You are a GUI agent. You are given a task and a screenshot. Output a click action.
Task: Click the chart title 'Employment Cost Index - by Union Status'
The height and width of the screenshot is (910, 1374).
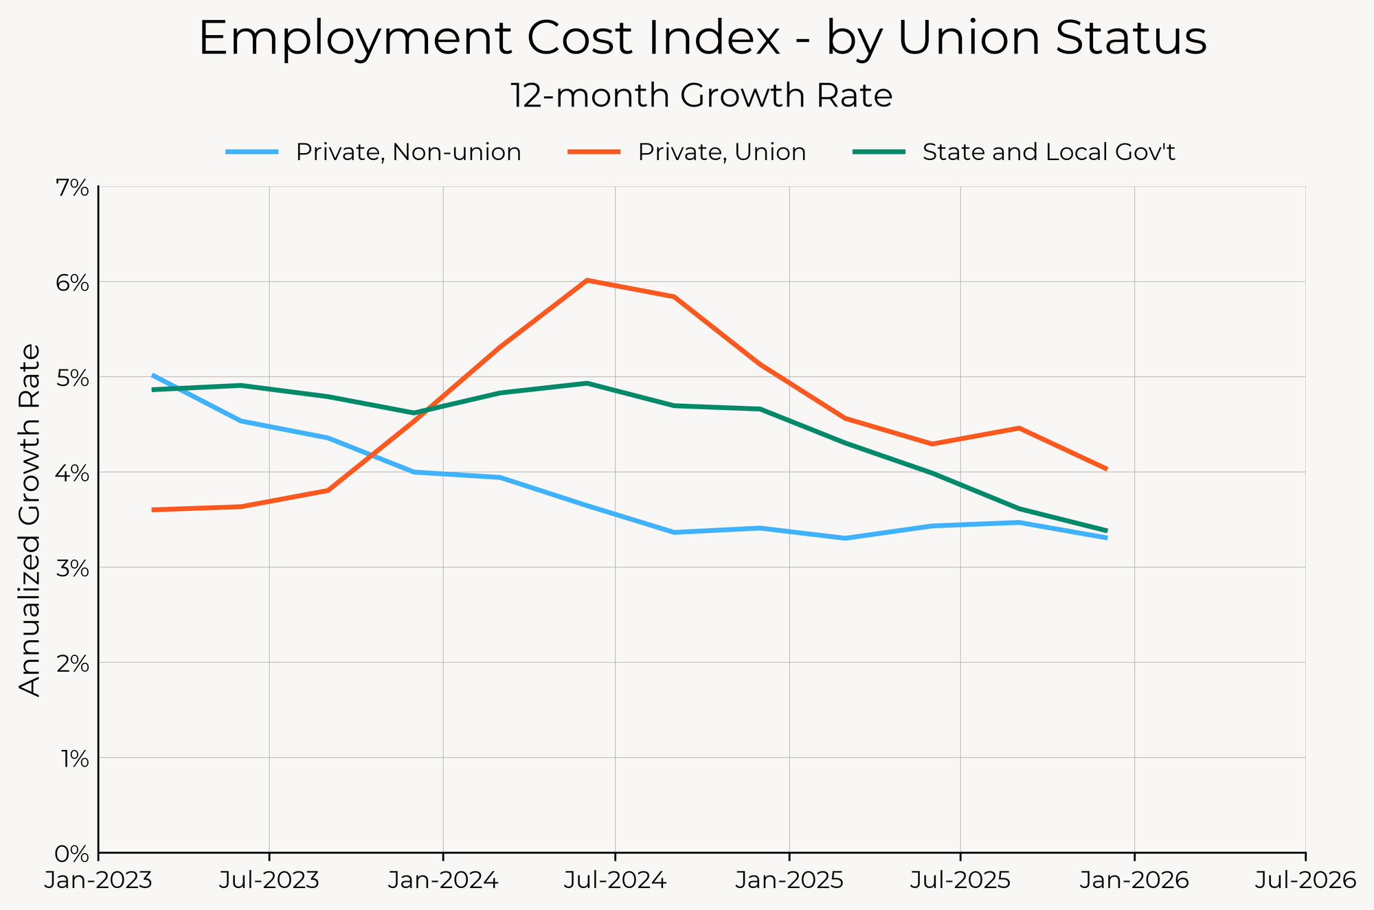tap(702, 38)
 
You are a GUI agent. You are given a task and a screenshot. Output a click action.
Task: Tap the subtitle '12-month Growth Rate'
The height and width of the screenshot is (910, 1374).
tap(701, 96)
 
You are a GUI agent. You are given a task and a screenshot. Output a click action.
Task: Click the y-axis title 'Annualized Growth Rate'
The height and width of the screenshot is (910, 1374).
tap(29, 520)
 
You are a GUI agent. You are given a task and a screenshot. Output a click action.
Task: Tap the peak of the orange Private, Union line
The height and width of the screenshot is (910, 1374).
tap(587, 280)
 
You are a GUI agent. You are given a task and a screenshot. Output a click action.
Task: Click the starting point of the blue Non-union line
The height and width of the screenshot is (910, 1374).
tap(153, 375)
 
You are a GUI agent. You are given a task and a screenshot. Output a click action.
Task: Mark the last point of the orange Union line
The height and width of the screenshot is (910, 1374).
tap(1106, 469)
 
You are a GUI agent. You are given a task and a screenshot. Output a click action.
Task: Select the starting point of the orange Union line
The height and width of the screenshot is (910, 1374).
tap(153, 510)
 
